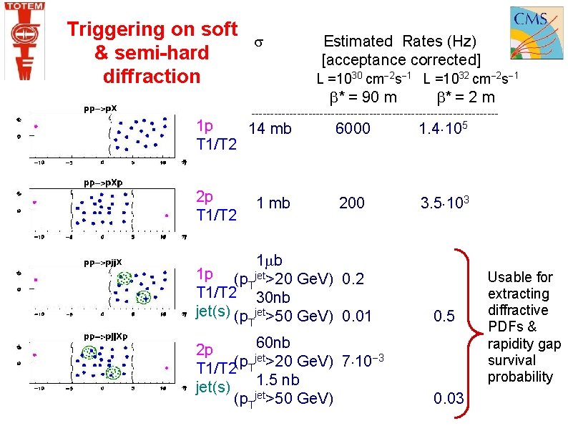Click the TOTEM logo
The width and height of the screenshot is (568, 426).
coord(24,40)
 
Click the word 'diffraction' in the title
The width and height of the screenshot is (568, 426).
coord(152,76)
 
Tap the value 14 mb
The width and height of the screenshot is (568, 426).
coord(270,129)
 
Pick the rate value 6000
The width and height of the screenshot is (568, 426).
coord(353,129)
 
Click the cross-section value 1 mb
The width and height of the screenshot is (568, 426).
coord(274,203)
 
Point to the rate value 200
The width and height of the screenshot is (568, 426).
coord(351,203)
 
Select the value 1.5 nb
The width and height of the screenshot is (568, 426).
coord(278,380)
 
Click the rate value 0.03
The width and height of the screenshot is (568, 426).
coord(449,399)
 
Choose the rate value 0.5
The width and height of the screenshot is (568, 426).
coord(444,316)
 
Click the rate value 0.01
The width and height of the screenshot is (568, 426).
coord(357,316)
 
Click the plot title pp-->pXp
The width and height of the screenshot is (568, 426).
coord(103,183)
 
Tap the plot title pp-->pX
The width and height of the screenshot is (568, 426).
coord(100,110)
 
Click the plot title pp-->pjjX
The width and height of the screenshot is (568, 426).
coord(103,262)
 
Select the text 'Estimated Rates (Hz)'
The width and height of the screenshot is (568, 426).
coord(399,42)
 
